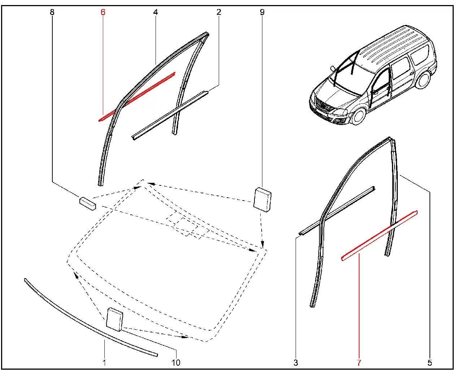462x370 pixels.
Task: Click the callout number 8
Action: [x=52, y=12]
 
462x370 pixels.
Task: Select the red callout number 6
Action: [x=103, y=12]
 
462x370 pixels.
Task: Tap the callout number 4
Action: [x=156, y=12]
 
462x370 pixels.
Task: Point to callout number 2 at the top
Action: [x=219, y=12]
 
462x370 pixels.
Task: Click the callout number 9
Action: [x=262, y=12]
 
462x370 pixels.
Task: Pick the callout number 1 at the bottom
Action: [x=104, y=363]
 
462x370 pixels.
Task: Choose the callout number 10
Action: [x=176, y=363]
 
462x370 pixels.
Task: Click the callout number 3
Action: [x=296, y=363]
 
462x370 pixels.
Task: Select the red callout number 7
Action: [x=359, y=363]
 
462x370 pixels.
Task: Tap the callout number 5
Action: [x=430, y=363]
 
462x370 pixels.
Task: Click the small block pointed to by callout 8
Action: [x=88, y=203]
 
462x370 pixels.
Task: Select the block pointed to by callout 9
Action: [x=262, y=200]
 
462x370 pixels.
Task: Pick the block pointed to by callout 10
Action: [x=115, y=319]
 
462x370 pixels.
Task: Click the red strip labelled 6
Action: [x=137, y=97]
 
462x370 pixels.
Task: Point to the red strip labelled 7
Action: [x=380, y=236]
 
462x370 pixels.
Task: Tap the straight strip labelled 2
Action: [x=170, y=116]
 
